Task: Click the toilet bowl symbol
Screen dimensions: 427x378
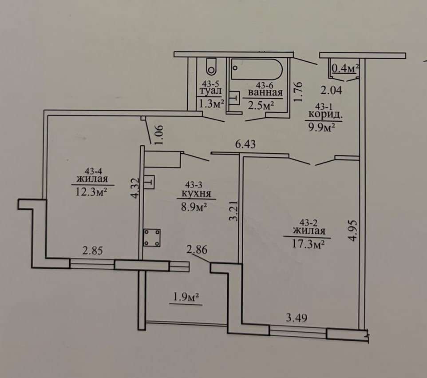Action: pyautogui.click(x=211, y=67)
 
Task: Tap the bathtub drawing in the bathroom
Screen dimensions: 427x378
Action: pyautogui.click(x=257, y=69)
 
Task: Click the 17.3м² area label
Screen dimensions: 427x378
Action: pyautogui.click(x=308, y=244)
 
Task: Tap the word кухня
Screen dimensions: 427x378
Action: pyautogui.click(x=196, y=194)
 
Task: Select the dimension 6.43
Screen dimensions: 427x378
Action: pyautogui.click(x=245, y=144)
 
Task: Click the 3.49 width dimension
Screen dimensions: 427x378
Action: pyautogui.click(x=297, y=318)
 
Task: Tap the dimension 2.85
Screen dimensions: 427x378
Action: pyautogui.click(x=93, y=251)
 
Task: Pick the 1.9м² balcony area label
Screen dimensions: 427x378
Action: pyautogui.click(x=186, y=298)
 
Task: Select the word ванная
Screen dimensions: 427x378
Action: pyautogui.click(x=265, y=93)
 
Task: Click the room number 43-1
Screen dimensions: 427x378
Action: pyautogui.click(x=324, y=106)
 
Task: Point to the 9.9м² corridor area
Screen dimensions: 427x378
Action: pyautogui.click(x=321, y=127)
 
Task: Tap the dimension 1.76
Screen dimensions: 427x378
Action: pyautogui.click(x=298, y=92)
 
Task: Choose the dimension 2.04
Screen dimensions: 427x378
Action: pyautogui.click(x=331, y=90)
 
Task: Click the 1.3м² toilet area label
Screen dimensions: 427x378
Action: pyautogui.click(x=211, y=103)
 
